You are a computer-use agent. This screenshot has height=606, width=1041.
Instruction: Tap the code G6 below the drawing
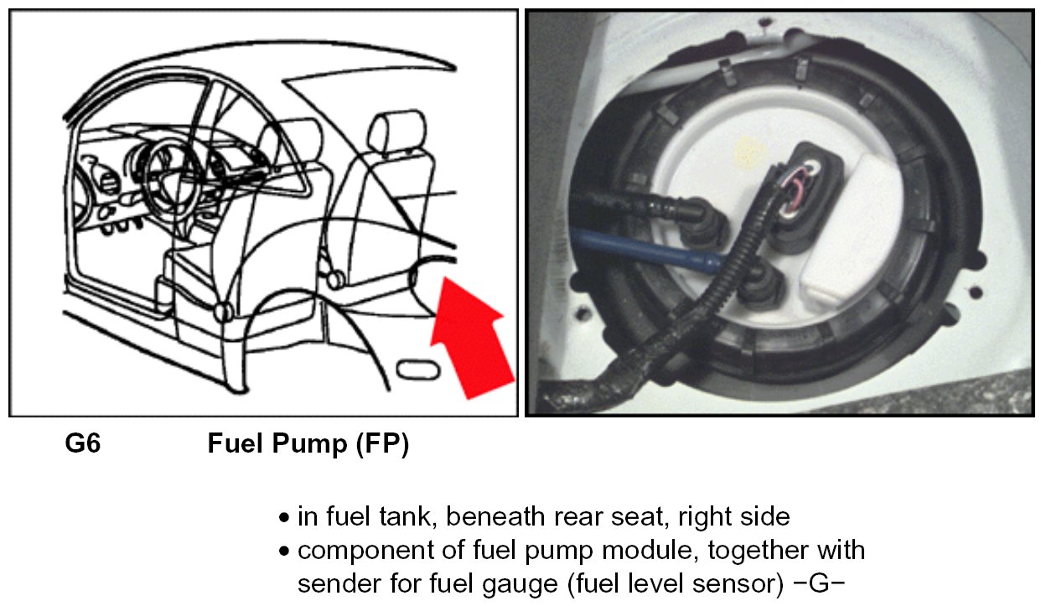coord(83,444)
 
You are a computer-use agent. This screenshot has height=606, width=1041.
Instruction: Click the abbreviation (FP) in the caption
coord(381,444)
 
